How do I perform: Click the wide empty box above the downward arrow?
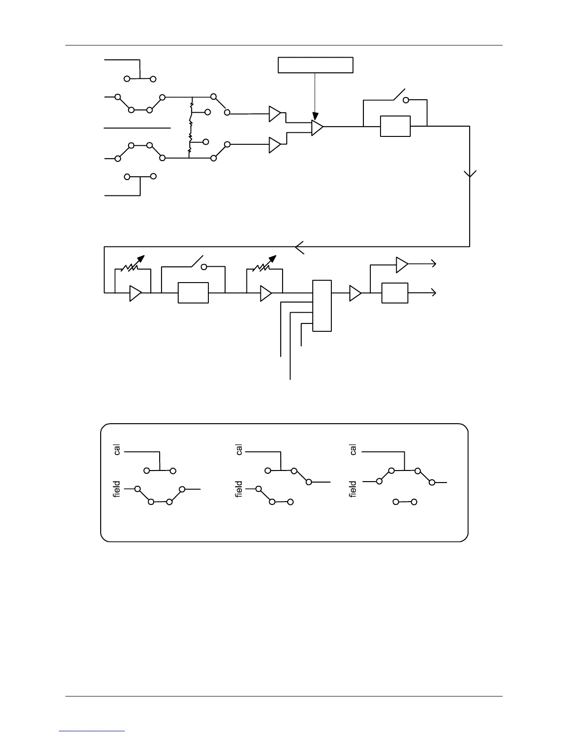coord(316,65)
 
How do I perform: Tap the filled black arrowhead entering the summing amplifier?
coord(315,116)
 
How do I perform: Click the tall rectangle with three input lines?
coord(322,306)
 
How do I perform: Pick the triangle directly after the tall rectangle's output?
coord(355,293)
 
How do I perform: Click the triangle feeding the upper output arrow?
coord(401,264)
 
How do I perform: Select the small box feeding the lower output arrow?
coord(394,293)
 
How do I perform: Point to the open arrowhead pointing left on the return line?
coord(300,247)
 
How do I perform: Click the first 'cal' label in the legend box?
coord(117,450)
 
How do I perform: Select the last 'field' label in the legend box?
coord(353,489)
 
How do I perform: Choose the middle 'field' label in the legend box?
coord(239,489)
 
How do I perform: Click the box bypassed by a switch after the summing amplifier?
coord(395,126)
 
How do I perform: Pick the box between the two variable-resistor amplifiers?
coord(193,293)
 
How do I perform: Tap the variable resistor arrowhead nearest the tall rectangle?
coord(273,258)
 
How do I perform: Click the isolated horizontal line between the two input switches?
coord(137,127)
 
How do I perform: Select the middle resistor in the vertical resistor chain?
coord(190,125)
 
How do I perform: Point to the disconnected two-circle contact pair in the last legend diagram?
coord(404,502)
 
